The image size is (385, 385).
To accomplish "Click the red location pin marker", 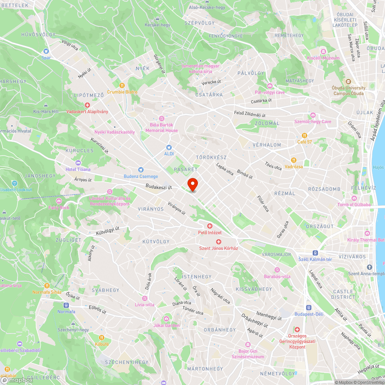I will click(x=192, y=184).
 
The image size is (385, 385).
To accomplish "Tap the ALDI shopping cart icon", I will click(x=169, y=147).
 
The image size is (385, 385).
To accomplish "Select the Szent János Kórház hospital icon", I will click(x=219, y=242).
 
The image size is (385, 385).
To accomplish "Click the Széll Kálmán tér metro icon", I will click(x=315, y=253).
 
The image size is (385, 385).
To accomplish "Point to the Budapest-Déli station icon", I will click(x=308, y=308).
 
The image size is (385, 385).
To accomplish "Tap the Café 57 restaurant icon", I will click(x=304, y=136).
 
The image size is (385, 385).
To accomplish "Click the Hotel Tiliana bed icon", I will click(x=78, y=163).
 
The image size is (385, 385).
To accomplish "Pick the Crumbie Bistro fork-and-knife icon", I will click(x=122, y=85).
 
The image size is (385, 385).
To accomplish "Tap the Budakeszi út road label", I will click(x=158, y=187).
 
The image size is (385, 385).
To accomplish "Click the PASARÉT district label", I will click(x=186, y=169).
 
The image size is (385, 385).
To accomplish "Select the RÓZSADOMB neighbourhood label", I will click(x=324, y=189).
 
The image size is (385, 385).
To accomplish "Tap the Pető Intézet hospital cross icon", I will click(x=210, y=226).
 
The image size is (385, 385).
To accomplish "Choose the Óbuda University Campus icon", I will click(x=348, y=82).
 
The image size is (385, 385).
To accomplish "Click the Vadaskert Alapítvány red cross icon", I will click(x=87, y=105).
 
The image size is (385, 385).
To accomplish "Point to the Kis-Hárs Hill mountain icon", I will click(x=46, y=105).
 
